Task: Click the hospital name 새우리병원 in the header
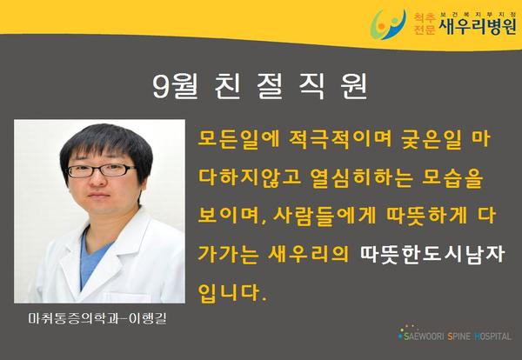click(x=478, y=27)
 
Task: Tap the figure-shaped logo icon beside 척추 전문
click(x=388, y=24)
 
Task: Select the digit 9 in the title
click(x=161, y=86)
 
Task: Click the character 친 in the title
click(x=227, y=86)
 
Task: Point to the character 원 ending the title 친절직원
click(x=353, y=86)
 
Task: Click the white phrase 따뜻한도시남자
click(x=432, y=255)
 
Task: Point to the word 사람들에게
click(x=325, y=216)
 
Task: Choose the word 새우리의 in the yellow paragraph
click(x=308, y=254)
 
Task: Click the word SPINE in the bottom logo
click(x=459, y=337)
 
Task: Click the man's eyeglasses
click(x=102, y=170)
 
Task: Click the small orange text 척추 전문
click(x=425, y=24)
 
